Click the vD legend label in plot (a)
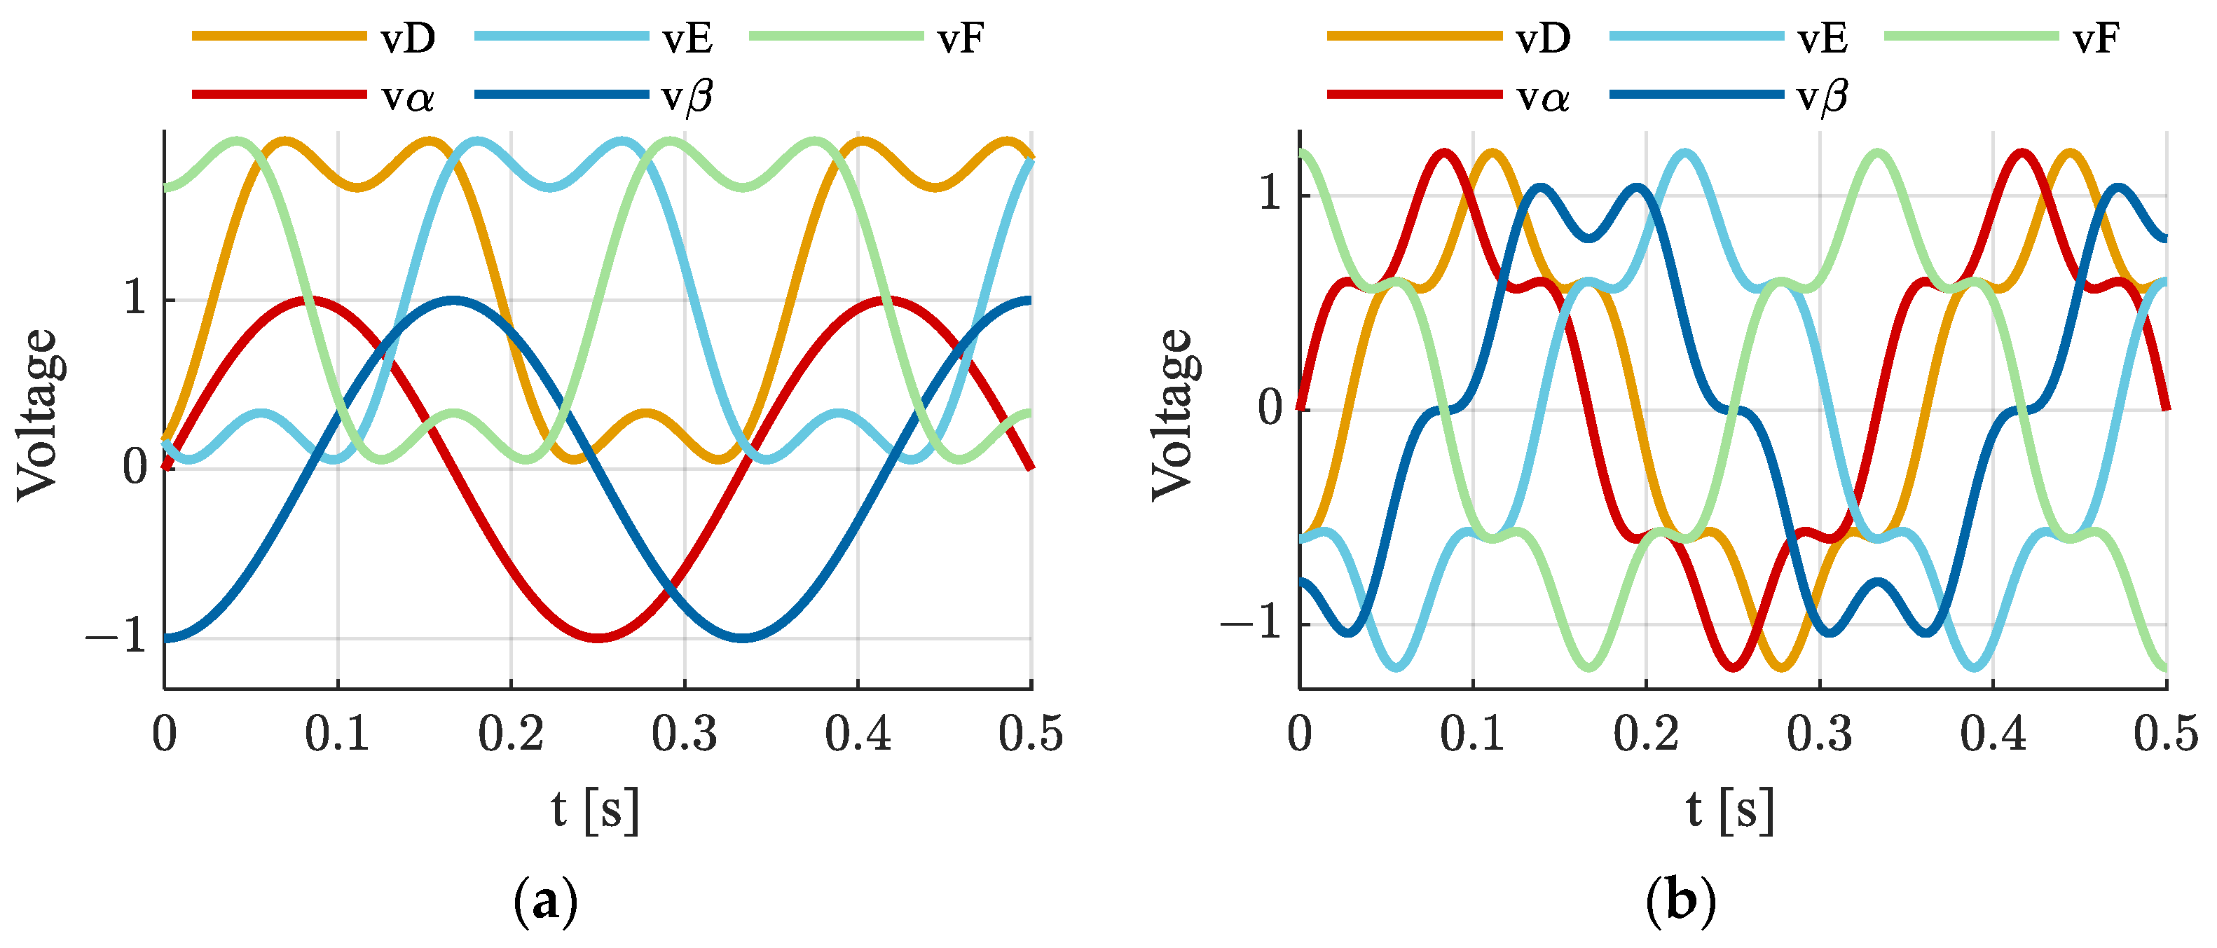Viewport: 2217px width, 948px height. [x=408, y=39]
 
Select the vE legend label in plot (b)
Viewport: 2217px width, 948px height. [x=1822, y=39]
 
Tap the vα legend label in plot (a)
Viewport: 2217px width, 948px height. [x=408, y=97]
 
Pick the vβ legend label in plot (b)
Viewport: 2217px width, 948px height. [x=1822, y=97]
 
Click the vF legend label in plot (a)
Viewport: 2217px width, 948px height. [x=960, y=39]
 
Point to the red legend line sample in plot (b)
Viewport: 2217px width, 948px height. [x=1413, y=94]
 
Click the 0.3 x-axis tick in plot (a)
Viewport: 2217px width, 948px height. [x=684, y=734]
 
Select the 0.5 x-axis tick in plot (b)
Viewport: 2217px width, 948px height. [x=2165, y=734]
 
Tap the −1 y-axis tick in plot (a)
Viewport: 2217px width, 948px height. [x=116, y=638]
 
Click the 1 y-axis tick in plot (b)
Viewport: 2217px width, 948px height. [x=1271, y=193]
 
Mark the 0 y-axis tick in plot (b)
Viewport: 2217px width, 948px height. [x=1271, y=408]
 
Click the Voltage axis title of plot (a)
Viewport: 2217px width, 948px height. [x=38, y=414]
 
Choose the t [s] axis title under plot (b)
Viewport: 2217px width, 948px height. [x=1730, y=809]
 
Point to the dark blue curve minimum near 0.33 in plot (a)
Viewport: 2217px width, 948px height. [x=743, y=638]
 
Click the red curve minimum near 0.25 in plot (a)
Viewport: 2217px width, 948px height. [x=598, y=638]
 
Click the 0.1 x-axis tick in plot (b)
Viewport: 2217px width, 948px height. [x=1473, y=734]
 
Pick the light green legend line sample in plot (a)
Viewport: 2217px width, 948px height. [x=835, y=36]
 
